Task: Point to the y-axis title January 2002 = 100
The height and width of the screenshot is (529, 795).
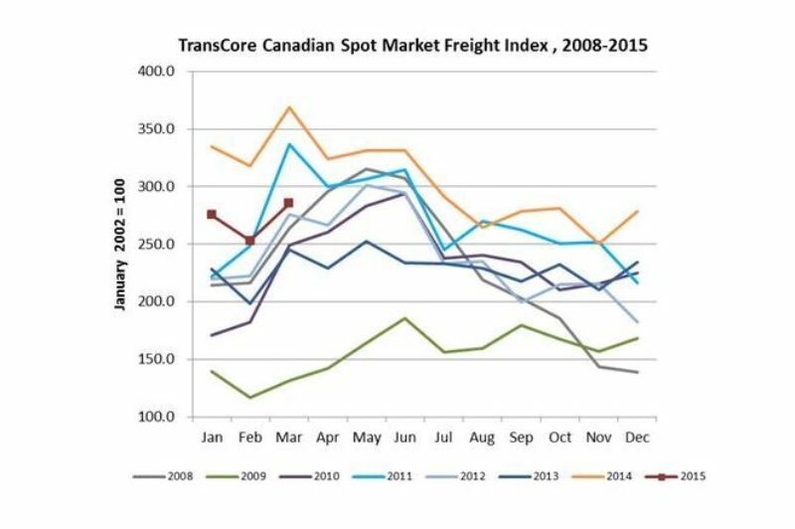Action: click(121, 245)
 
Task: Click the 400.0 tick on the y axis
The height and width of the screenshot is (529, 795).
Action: click(156, 72)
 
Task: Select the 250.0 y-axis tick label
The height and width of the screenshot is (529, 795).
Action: click(156, 245)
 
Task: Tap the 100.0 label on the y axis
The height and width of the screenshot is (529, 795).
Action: click(156, 417)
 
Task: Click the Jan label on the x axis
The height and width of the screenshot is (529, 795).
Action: click(212, 437)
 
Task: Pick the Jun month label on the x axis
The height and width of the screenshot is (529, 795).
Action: click(403, 437)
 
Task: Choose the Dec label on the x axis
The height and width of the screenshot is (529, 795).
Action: click(634, 437)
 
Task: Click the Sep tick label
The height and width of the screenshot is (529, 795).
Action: click(519, 437)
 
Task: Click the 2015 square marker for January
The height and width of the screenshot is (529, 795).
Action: click(212, 215)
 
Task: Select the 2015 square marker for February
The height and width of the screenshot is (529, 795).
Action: click(250, 241)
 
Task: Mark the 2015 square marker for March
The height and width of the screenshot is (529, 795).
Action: click(288, 203)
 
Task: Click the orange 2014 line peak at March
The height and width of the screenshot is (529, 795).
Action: click(288, 107)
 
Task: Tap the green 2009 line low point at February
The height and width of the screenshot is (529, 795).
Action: click(250, 398)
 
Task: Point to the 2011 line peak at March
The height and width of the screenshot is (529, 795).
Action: click(288, 144)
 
